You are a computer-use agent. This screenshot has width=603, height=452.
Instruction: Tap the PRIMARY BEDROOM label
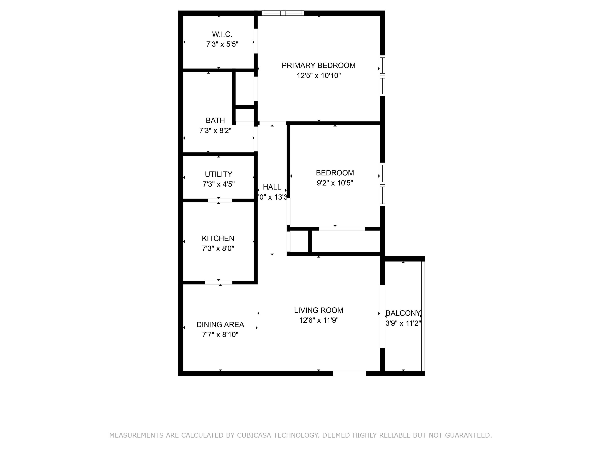click(318, 65)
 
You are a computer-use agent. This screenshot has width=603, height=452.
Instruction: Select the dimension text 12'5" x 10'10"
click(319, 76)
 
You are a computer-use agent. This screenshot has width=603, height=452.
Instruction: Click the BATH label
click(215, 120)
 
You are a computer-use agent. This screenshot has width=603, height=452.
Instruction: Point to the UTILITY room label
click(219, 174)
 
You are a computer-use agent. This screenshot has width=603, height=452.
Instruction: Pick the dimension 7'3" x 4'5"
click(219, 184)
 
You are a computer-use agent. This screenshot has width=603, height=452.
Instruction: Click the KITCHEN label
click(218, 238)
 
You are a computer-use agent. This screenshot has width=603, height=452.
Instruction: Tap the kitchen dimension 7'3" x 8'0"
click(218, 248)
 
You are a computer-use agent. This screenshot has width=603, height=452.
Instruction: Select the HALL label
click(272, 187)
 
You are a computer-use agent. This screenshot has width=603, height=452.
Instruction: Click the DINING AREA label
click(220, 324)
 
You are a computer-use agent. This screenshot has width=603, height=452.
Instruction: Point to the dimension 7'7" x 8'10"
click(220, 334)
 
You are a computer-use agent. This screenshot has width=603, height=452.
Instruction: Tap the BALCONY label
click(403, 313)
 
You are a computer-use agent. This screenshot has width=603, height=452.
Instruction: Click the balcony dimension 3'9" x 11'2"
click(403, 323)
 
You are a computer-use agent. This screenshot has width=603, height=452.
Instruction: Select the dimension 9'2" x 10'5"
click(335, 183)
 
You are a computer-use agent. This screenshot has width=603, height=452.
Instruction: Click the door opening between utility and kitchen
click(220, 200)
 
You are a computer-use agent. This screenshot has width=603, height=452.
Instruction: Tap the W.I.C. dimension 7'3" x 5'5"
click(222, 44)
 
